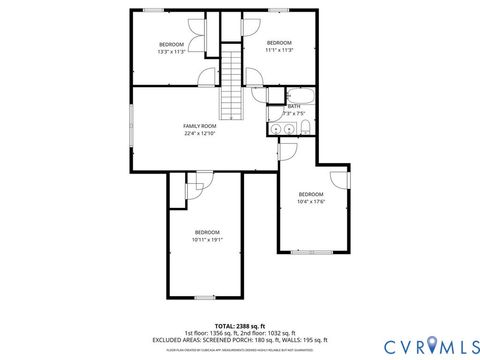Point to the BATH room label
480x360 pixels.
[294, 106]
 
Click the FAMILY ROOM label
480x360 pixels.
[200, 126]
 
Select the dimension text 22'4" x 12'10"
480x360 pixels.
[200, 133]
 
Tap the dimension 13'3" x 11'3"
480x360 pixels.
[172, 51]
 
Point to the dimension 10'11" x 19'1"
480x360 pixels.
[207, 239]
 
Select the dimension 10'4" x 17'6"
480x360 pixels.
[311, 201]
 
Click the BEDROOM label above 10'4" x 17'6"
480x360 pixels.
[311, 194]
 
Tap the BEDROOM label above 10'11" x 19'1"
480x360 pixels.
[207, 232]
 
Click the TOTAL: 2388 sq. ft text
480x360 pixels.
[238, 325]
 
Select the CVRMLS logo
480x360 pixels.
[423, 346]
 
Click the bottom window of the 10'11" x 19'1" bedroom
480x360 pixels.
[205, 297]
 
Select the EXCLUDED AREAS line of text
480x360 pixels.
[238, 339]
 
